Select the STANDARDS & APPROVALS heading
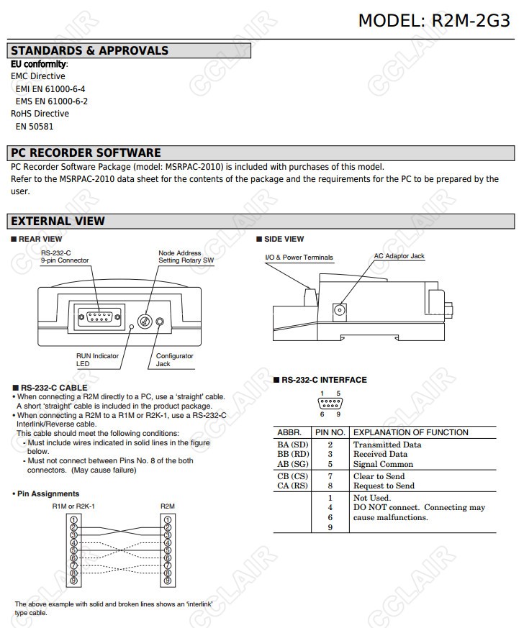coord(89,51)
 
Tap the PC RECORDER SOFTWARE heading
coord(86,153)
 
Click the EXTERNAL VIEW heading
coord(58,222)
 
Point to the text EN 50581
coord(35,127)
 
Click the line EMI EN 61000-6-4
coord(50,89)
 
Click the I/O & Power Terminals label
coord(299,258)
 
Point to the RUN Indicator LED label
coord(97,360)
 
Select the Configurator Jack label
coord(174,360)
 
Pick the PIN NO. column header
coord(330,432)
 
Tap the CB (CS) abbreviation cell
coord(292,476)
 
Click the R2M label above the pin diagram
coord(167,506)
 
